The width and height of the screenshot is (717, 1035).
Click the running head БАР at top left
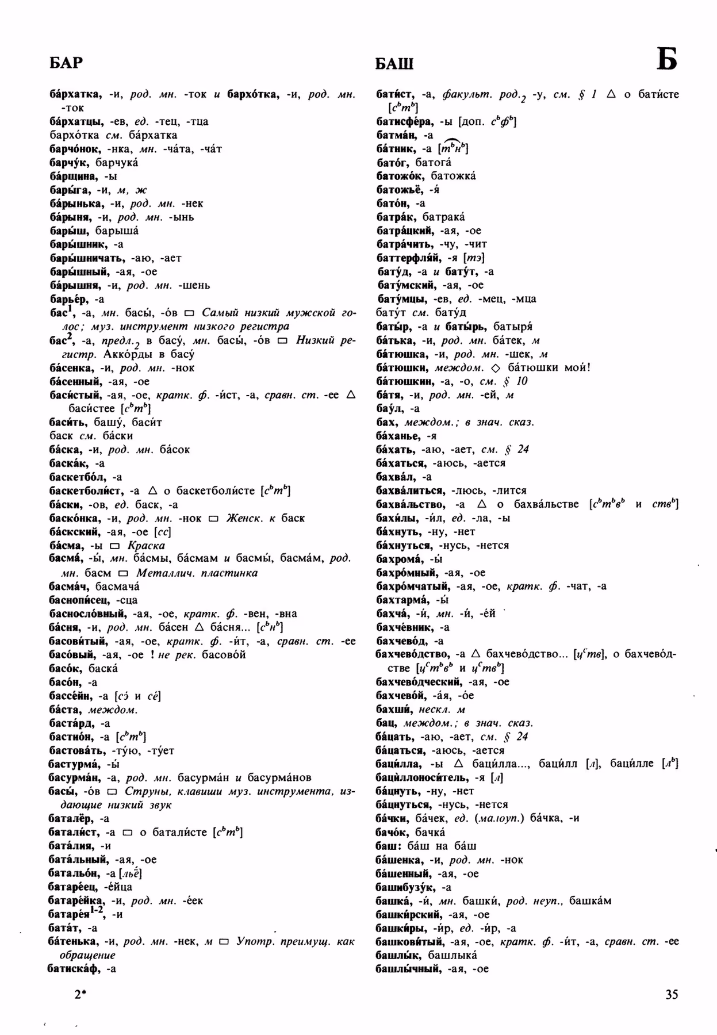click(66, 62)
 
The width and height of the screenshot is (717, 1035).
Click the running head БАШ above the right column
click(394, 64)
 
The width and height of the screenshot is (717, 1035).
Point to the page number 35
click(672, 994)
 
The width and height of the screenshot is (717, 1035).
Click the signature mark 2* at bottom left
click(80, 994)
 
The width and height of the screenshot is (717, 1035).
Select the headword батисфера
click(404, 121)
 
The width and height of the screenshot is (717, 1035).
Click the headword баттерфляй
click(408, 258)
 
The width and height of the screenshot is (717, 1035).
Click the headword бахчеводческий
click(419, 682)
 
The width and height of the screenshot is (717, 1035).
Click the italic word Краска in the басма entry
click(146, 546)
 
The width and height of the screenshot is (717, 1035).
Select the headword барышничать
click(87, 258)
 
